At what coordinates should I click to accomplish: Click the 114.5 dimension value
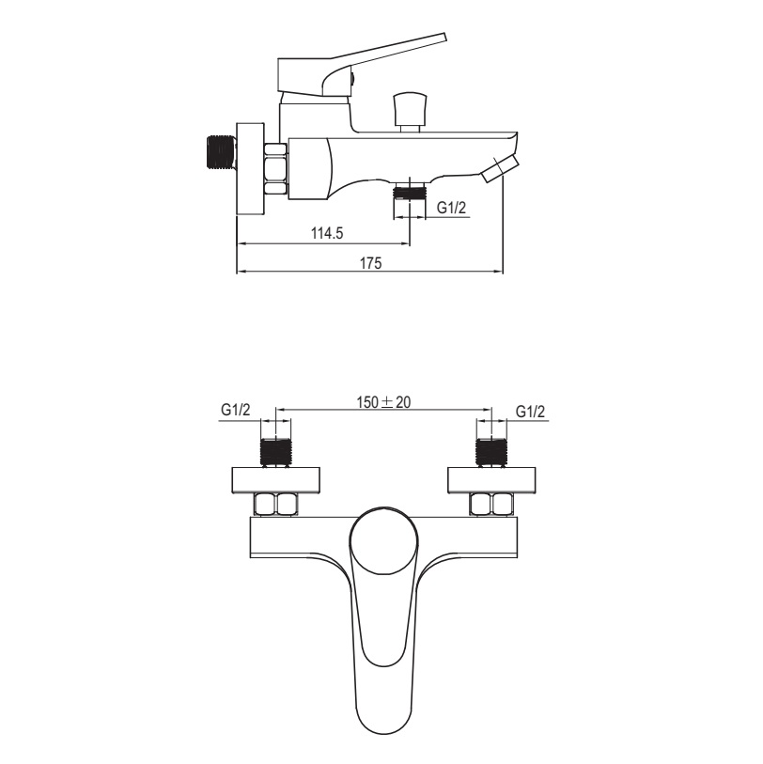tap(327, 233)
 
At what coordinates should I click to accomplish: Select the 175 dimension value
tap(371, 263)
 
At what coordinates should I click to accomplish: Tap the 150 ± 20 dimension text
tap(384, 402)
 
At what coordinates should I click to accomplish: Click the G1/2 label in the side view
tap(451, 208)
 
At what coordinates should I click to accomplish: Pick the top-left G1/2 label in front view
tap(235, 410)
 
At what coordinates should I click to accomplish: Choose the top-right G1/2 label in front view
tap(531, 412)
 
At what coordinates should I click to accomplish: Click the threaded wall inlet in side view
tap(221, 152)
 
